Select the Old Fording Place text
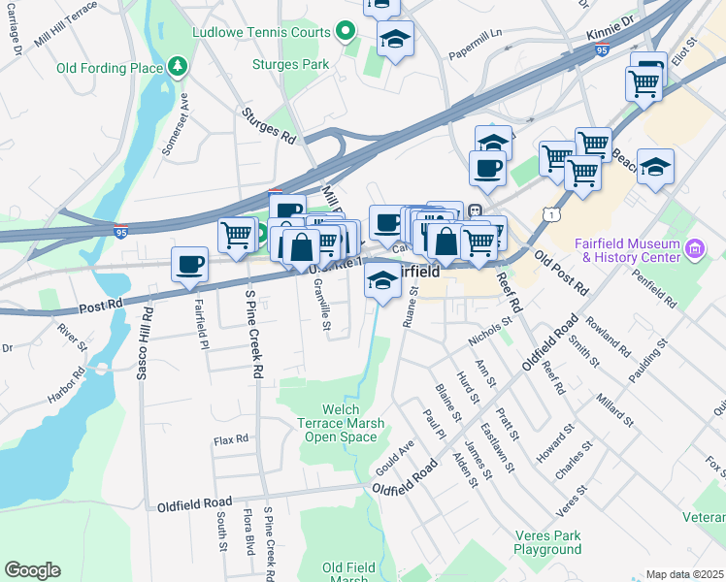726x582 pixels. coord(109,67)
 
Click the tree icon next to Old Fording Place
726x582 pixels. coord(178,67)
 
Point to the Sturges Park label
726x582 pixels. coord(290,65)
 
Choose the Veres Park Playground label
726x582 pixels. coord(547,542)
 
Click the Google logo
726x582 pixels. coord(32,569)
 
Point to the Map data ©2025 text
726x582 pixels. coord(684,574)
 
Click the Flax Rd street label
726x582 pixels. coord(231,440)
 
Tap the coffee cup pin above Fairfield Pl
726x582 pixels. coord(189,264)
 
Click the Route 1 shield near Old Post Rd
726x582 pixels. coord(551,212)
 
